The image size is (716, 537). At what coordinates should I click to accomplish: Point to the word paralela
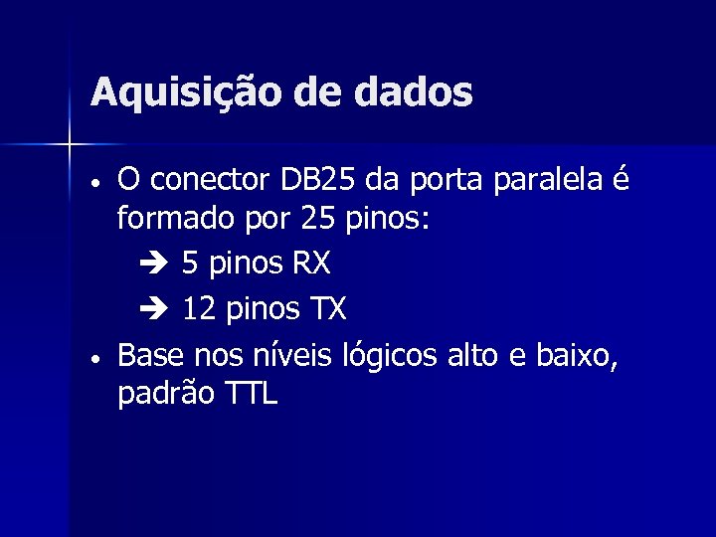click(559, 183)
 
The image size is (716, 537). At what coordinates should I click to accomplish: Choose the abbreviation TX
click(325, 309)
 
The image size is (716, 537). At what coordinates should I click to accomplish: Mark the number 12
click(199, 309)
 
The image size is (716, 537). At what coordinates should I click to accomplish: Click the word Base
click(151, 354)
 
